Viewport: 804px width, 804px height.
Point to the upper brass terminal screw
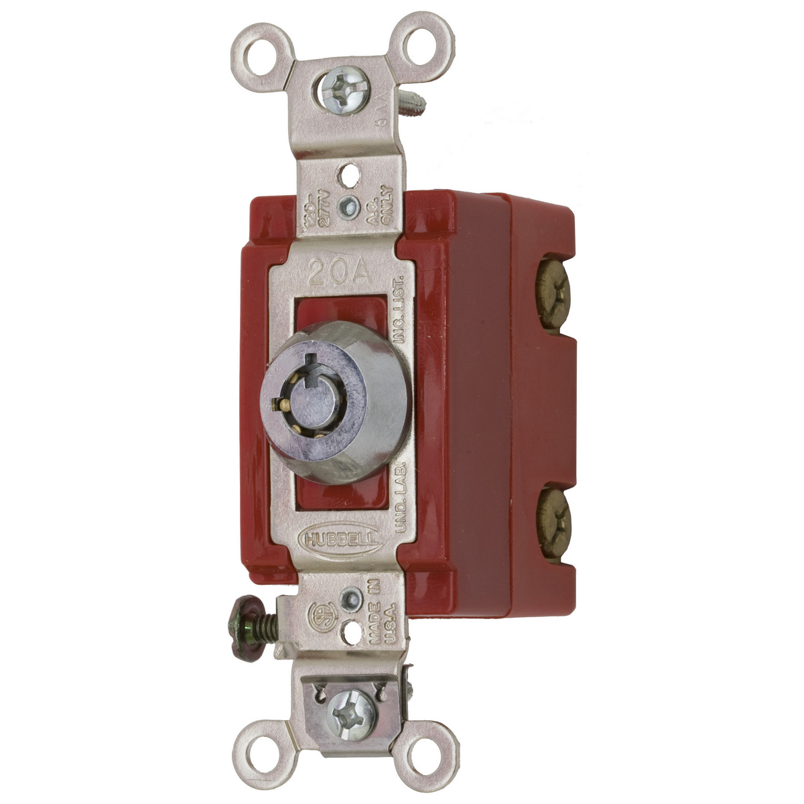(553, 292)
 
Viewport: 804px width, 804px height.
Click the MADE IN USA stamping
(383, 616)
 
